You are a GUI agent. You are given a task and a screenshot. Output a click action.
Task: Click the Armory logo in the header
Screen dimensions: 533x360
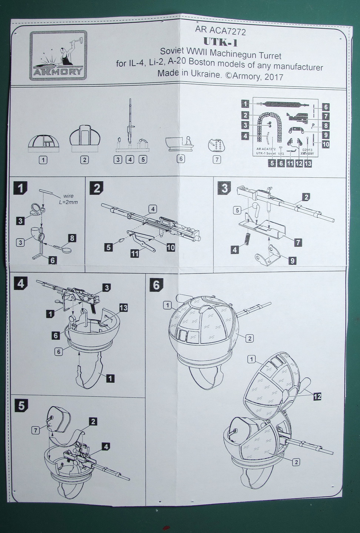[58, 55]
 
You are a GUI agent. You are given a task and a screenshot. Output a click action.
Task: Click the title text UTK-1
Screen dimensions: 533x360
[221, 43]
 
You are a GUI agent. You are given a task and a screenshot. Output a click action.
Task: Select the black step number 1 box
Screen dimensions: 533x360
[20, 188]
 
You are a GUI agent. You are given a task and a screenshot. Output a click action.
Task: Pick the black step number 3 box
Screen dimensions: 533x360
[224, 188]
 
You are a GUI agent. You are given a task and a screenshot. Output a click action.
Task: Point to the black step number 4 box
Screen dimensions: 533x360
[20, 284]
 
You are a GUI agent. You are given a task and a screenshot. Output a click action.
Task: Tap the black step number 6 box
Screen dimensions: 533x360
[156, 285]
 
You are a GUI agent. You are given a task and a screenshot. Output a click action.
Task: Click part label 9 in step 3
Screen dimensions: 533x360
[292, 261]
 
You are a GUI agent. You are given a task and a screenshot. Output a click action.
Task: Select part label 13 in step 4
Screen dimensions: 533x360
[124, 308]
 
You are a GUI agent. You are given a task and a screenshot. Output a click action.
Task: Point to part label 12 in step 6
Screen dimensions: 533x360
[317, 396]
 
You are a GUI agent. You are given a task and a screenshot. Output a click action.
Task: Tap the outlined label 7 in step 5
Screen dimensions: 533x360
[36, 430]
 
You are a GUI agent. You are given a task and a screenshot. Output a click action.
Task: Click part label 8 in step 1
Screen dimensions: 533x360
[72, 238]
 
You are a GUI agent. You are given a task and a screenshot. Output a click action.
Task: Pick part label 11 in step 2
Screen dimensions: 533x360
[134, 254]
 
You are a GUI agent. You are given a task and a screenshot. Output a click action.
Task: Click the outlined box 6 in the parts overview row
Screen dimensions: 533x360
[180, 159]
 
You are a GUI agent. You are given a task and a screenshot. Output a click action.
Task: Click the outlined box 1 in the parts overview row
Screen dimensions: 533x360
[43, 160]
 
